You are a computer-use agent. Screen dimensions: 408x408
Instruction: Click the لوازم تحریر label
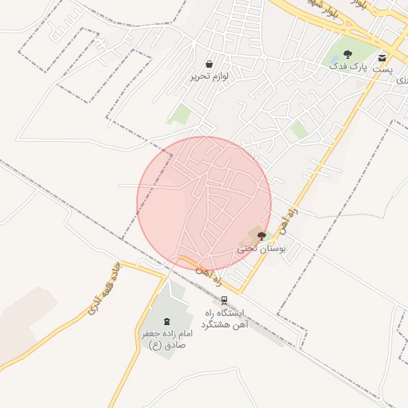point(209,76)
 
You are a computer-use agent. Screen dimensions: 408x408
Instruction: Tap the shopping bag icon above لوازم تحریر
point(209,64)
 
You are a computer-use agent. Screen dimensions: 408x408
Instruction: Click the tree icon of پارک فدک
point(347,54)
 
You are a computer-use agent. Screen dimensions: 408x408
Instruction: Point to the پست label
point(384,70)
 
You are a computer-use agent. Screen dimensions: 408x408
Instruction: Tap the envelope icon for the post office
point(382,57)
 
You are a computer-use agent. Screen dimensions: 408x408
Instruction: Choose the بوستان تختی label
point(261,249)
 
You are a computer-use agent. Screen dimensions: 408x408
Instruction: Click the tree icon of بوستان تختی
point(261,236)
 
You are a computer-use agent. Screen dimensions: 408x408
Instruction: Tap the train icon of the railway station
point(226,300)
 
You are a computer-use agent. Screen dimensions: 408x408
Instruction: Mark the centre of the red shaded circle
point(204,204)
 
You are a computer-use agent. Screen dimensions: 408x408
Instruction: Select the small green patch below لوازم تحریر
point(181,114)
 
